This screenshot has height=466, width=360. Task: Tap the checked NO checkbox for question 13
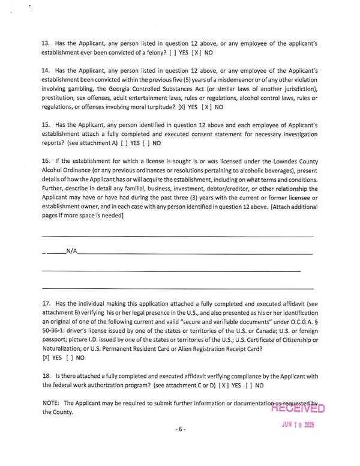tap(196, 53)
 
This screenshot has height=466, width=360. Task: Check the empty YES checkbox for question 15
tap(124, 144)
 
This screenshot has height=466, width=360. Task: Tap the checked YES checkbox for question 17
tap(46, 357)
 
